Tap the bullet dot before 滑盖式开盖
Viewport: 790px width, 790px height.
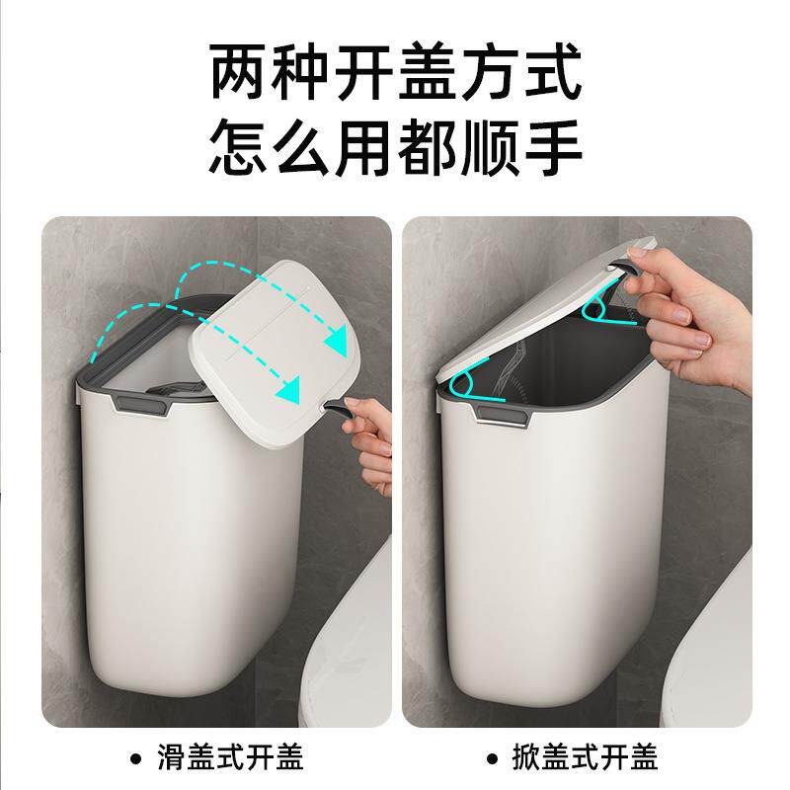click(135, 758)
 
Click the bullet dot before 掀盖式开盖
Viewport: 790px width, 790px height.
click(491, 758)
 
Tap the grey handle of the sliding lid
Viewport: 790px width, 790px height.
click(335, 407)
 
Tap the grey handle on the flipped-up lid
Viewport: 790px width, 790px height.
click(624, 265)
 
